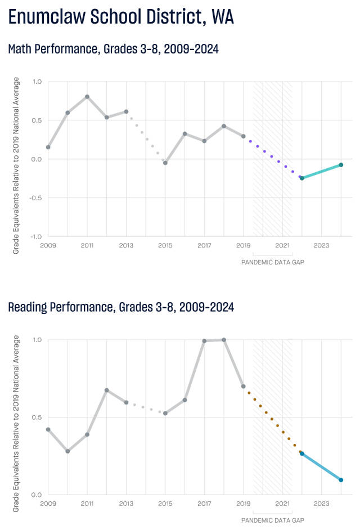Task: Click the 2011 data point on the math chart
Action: [87, 96]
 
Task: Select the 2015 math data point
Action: [165, 163]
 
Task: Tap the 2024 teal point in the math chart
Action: [341, 165]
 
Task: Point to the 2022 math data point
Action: [302, 178]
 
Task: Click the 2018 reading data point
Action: [224, 340]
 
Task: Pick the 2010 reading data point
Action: [67, 451]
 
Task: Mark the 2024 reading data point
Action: [341, 480]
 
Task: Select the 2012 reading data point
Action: [107, 390]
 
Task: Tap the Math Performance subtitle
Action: [113, 50]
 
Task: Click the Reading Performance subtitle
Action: [121, 307]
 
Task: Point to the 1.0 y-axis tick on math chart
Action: [37, 82]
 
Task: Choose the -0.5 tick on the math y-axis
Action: [36, 197]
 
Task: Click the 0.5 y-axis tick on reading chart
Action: [37, 417]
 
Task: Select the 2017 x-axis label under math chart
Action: [204, 245]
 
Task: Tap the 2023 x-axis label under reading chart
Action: [321, 504]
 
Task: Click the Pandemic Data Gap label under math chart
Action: [272, 262]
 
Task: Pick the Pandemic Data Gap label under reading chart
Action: [272, 520]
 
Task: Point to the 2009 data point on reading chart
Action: [48, 429]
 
